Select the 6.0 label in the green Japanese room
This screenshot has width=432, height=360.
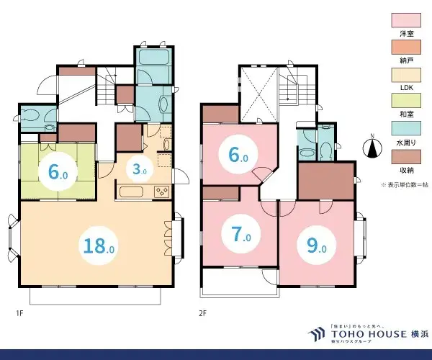point(59,172)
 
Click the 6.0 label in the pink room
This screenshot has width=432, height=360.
point(238,156)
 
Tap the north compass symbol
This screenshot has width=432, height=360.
point(373,147)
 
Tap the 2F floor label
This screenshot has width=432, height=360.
point(203,314)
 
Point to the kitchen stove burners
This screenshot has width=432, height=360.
point(160,191)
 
